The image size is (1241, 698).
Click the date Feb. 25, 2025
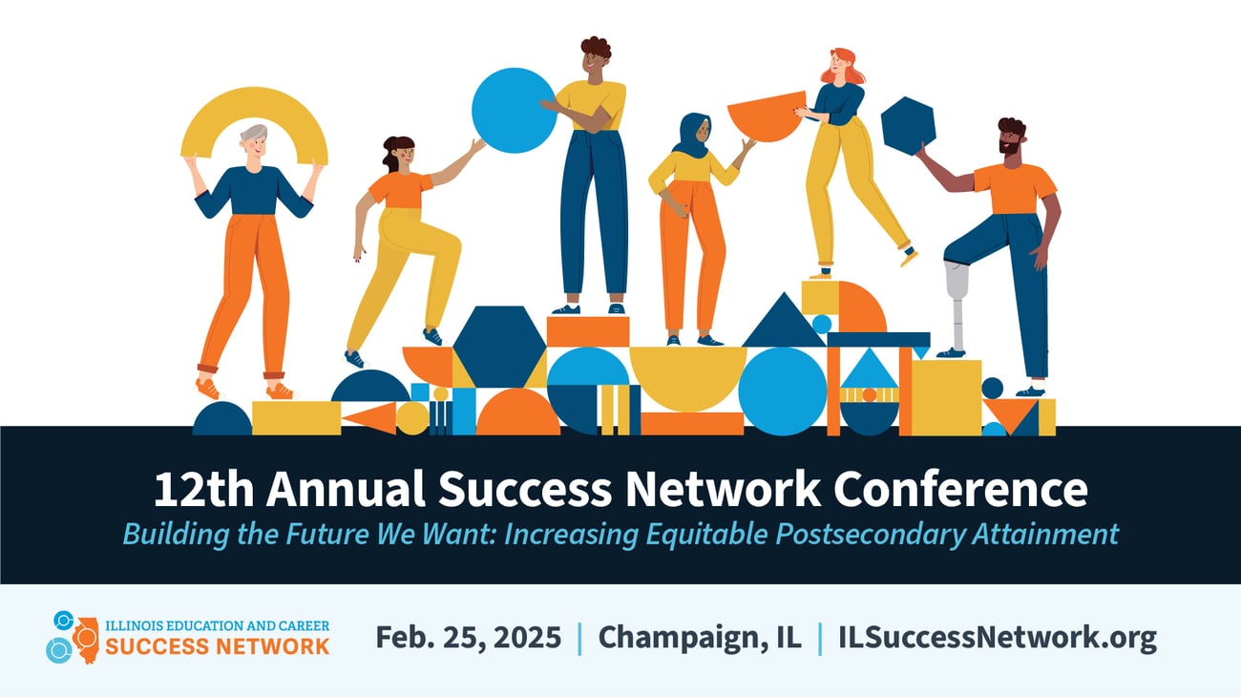468,638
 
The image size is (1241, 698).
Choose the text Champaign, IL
699,638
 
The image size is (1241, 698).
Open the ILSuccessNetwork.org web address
997,638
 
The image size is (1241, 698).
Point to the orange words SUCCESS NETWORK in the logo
217,646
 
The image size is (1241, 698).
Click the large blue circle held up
514,111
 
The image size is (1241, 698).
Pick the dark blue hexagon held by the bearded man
907,126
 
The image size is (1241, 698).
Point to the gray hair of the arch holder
253,131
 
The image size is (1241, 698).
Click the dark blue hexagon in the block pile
498,346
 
